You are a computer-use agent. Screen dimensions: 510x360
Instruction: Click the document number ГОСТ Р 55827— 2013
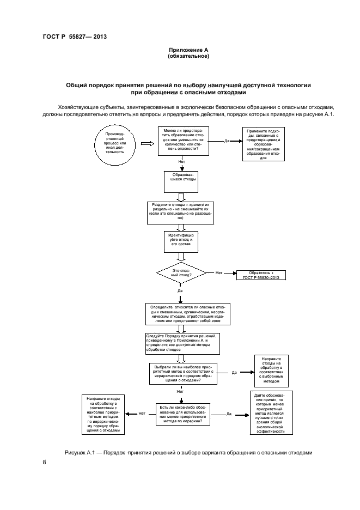click(x=74, y=37)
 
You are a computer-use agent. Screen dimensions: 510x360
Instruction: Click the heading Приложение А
click(x=188, y=50)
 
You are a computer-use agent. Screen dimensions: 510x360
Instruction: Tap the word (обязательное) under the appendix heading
click(x=188, y=56)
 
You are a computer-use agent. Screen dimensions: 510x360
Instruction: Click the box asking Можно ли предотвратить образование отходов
click(x=183, y=141)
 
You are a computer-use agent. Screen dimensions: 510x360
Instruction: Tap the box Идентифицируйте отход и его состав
click(x=181, y=241)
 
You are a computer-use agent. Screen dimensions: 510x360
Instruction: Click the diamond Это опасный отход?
click(x=181, y=273)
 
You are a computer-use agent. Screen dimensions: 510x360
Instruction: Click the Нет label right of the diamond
click(x=219, y=272)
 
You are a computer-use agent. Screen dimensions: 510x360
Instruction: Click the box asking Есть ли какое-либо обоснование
click(x=182, y=415)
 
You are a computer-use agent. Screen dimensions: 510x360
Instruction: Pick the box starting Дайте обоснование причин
click(x=271, y=412)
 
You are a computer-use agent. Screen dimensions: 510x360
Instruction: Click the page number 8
click(x=44, y=463)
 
